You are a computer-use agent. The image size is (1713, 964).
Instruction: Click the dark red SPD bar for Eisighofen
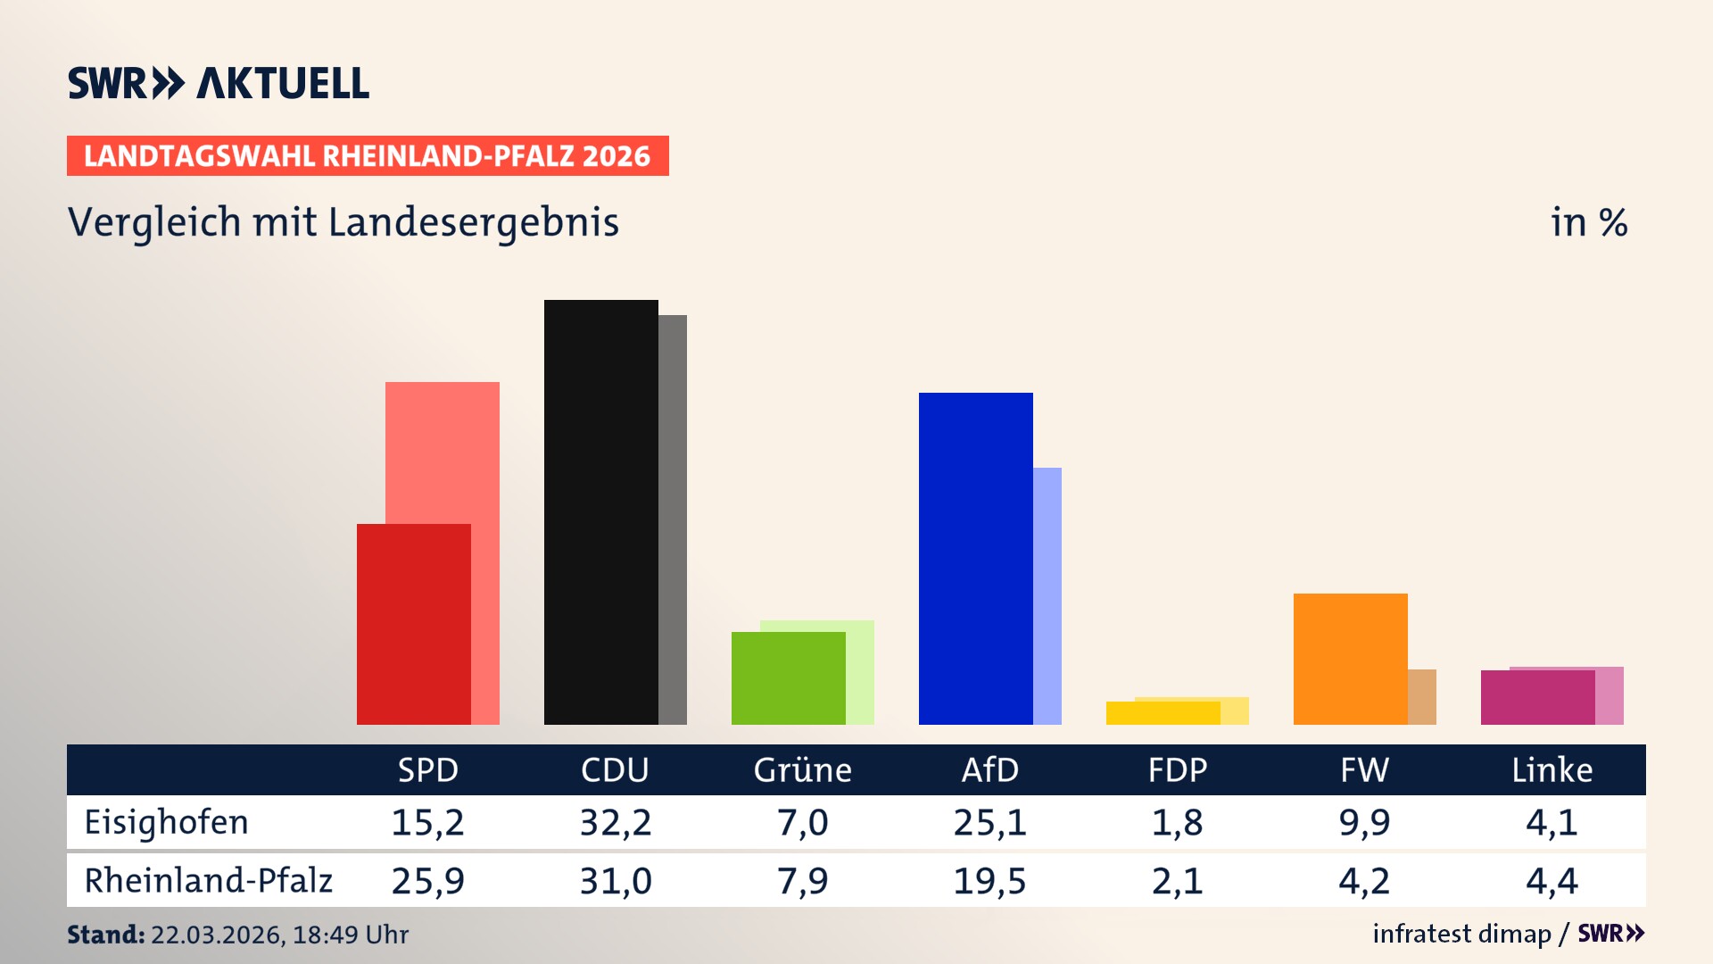pos(413,625)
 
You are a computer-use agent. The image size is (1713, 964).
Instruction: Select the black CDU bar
pos(600,512)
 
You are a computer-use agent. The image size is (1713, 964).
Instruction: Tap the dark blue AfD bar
pos(975,559)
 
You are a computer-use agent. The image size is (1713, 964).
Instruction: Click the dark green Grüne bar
pos(788,678)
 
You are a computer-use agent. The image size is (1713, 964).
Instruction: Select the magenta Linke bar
pos(1537,698)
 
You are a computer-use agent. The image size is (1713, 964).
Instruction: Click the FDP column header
pos(1177,770)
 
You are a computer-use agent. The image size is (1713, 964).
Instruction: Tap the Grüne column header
pos(802,770)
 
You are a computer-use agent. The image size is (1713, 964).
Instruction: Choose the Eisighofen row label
pos(167,822)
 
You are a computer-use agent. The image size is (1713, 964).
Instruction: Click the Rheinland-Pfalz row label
pos(208,881)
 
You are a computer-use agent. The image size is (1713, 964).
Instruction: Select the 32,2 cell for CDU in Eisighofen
pos(616,822)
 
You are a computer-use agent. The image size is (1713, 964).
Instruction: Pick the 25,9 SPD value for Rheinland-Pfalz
pos(427,881)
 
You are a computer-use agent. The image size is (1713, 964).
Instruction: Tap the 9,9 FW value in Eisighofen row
pos(1364,822)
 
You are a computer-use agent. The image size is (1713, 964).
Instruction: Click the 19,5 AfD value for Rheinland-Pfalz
pos(989,881)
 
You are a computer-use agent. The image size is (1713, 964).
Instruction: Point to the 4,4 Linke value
pos(1552,881)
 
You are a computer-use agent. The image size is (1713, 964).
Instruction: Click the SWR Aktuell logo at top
pos(219,83)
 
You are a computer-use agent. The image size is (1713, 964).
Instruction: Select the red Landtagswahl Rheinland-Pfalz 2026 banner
pos(368,156)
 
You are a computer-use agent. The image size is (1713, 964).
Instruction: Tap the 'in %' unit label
pos(1588,222)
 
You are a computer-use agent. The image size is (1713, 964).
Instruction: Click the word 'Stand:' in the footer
pos(105,935)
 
